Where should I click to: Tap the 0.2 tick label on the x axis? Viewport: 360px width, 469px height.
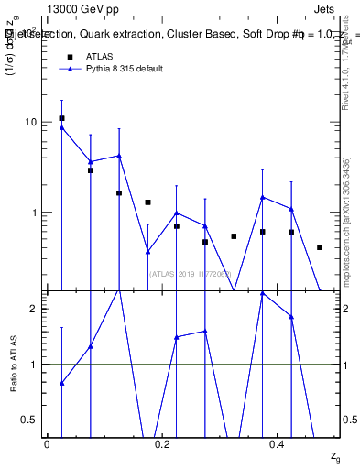pyautogui.click(x=162, y=442)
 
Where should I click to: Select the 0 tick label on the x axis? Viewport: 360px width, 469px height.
pyautogui.click(x=47, y=442)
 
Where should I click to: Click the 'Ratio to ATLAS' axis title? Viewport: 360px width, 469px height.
pyautogui.click(x=14, y=364)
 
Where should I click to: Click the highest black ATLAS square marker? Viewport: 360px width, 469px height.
pyautogui.click(x=61, y=118)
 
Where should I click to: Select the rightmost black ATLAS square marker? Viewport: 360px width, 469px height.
pyautogui.click(x=320, y=247)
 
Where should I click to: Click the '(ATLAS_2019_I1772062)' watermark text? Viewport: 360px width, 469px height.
pyautogui.click(x=191, y=273)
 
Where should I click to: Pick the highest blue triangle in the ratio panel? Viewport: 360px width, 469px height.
pyautogui.click(x=263, y=293)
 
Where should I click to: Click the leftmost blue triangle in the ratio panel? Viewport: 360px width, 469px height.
pyautogui.click(x=61, y=383)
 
